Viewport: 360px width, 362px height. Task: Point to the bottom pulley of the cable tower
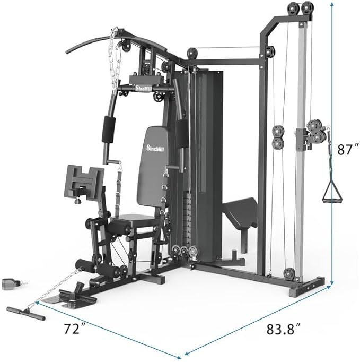click(289, 273)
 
